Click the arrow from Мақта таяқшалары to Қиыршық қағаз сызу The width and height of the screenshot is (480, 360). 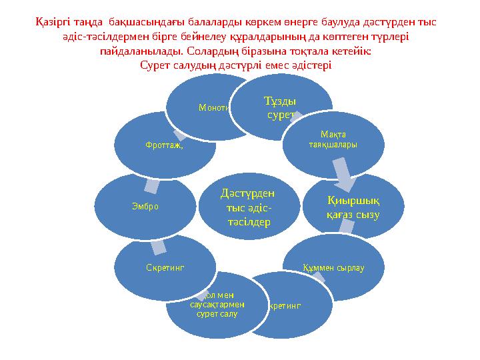344,173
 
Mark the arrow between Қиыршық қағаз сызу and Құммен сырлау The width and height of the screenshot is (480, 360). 346,227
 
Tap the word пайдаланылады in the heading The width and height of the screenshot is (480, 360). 141,51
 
